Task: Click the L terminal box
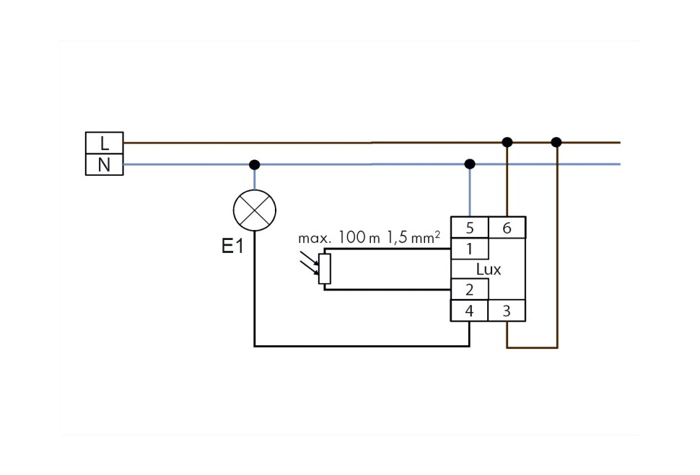tap(104, 143)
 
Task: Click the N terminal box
tap(104, 165)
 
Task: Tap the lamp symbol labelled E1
tap(255, 210)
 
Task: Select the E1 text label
tap(232, 247)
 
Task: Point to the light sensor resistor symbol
tap(325, 269)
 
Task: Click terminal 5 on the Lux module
tap(470, 228)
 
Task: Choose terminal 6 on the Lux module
tap(507, 228)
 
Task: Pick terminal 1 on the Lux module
tap(470, 249)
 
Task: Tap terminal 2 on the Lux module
tap(470, 290)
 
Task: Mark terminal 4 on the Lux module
tap(470, 311)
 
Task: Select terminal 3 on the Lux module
tap(507, 311)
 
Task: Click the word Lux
tap(489, 270)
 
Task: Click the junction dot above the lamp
tap(255, 164)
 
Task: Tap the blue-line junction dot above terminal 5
tap(470, 164)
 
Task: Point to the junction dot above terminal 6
tap(507, 142)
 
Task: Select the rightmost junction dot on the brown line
tap(556, 142)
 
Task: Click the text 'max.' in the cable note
tap(315, 238)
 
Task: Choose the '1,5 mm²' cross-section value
tap(413, 237)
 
